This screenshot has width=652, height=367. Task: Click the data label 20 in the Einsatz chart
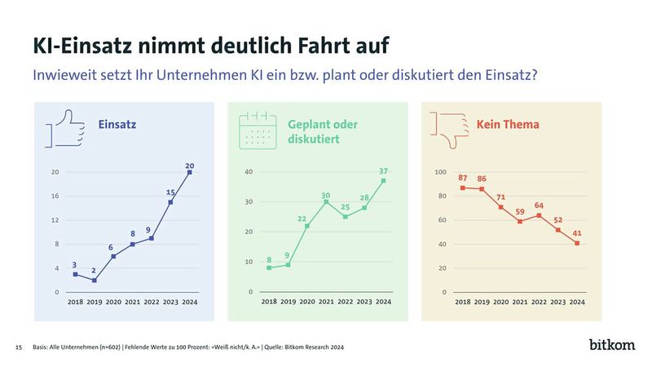pos(189,165)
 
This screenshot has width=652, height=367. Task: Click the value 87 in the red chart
pos(463,179)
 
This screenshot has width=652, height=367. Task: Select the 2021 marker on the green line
pos(327,202)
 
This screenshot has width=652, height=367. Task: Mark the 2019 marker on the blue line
pos(95,280)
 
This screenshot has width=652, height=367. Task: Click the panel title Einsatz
pos(117,125)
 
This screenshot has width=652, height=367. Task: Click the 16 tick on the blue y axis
pos(55,196)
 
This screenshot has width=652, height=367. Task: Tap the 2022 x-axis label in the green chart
pos(346,302)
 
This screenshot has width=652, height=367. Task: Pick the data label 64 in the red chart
pos(540,206)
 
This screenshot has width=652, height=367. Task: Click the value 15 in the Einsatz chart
pos(170,192)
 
